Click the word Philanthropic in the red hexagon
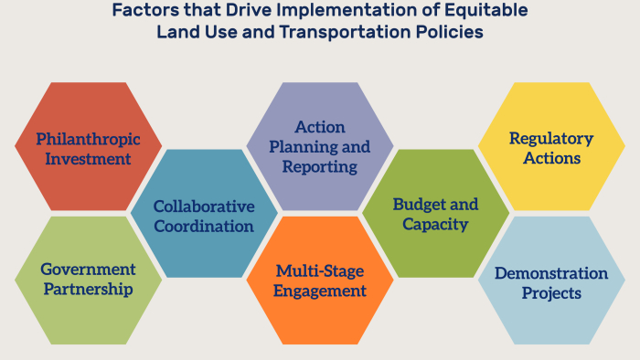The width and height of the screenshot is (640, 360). click(88, 140)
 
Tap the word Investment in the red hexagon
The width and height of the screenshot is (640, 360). click(88, 159)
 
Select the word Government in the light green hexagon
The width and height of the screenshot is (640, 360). click(88, 269)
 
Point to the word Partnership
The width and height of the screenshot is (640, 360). click(88, 290)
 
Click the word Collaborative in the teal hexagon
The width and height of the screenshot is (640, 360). click(204, 206)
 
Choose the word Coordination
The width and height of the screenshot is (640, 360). click(204, 227)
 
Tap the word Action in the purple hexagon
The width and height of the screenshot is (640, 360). click(320, 127)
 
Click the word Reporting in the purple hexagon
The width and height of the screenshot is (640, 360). click(320, 167)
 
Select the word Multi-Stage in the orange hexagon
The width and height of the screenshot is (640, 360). click(320, 271)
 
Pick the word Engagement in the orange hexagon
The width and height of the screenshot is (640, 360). click(320, 291)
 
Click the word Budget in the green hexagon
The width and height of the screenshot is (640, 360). click(415, 205)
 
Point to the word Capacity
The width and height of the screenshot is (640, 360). click(435, 225)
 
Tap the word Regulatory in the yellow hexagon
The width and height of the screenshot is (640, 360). click(551, 139)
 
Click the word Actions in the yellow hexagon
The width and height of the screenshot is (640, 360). click(552, 158)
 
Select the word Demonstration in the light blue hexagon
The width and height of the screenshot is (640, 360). click(551, 273)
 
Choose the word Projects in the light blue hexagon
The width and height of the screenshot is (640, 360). click(551, 293)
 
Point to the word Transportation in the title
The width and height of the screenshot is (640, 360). click(345, 32)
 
